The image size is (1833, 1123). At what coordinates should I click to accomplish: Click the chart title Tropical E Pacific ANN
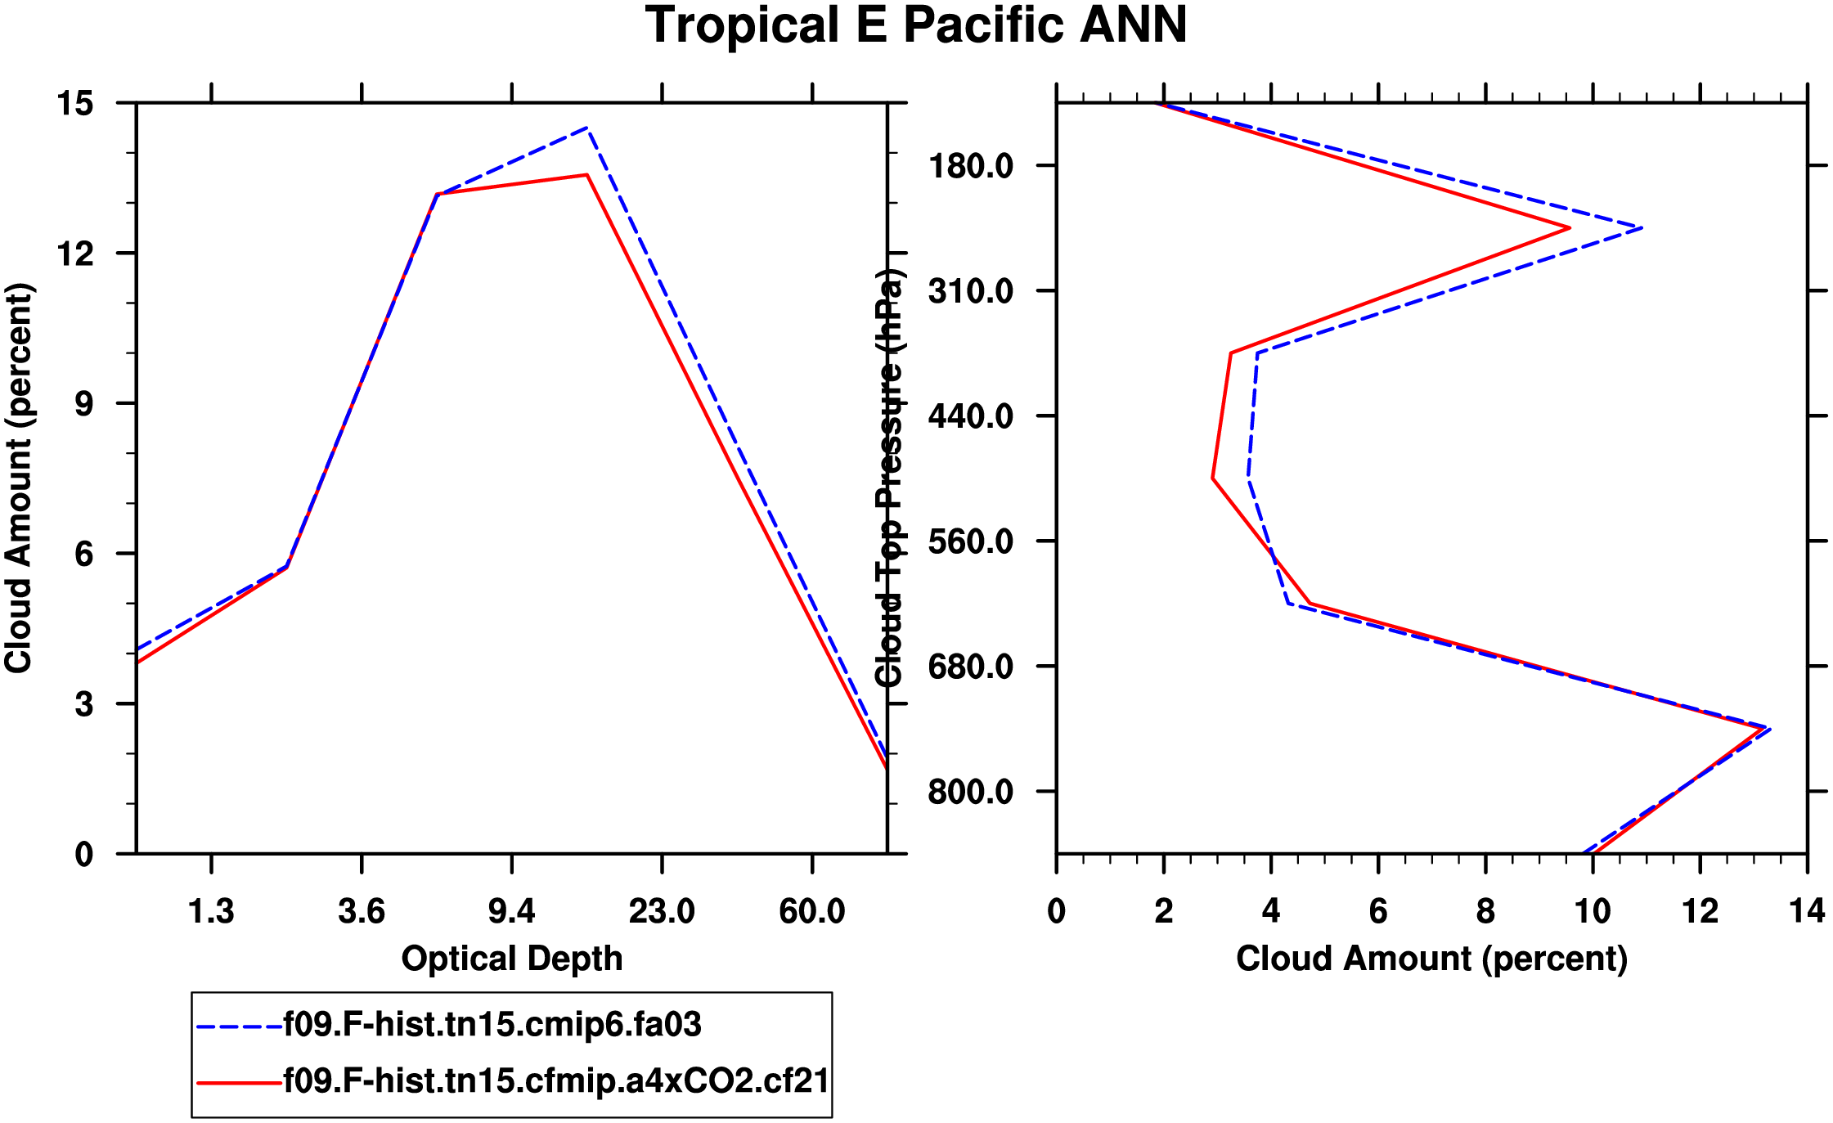pos(916,26)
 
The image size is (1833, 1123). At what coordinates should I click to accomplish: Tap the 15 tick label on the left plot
pos(74,104)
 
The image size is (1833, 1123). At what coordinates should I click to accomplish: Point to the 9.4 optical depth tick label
pos(511,911)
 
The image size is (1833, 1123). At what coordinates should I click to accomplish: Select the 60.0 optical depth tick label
pos(811,911)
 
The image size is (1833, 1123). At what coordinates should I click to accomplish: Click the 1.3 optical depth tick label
pos(211,911)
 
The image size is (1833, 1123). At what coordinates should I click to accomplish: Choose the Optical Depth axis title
pos(511,959)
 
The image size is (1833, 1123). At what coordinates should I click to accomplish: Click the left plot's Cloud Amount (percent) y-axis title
pos(19,478)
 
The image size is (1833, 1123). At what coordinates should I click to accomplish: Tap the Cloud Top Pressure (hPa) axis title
pos(889,478)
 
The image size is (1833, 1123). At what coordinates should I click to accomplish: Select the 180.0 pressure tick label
pos(970,166)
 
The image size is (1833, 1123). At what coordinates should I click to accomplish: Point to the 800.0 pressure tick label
pos(970,792)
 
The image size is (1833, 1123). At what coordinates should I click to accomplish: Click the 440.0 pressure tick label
pos(970,416)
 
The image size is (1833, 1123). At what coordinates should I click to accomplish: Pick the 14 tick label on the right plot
pos(1807,911)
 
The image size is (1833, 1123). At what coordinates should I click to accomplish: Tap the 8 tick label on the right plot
pos(1485,911)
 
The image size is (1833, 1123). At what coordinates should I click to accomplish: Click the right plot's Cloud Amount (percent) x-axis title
pos(1431,959)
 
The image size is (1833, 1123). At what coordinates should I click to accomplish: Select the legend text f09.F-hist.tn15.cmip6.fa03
pos(492,1025)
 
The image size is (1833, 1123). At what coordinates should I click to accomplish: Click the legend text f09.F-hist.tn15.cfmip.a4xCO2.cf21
pos(556,1081)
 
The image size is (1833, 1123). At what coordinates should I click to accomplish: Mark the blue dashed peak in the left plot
pos(587,128)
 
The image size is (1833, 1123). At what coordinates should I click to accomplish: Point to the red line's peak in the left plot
pos(586,175)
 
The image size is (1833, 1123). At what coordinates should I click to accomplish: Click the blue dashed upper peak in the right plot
pos(1641,228)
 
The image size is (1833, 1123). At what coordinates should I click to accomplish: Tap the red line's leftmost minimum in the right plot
pos(1213,478)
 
